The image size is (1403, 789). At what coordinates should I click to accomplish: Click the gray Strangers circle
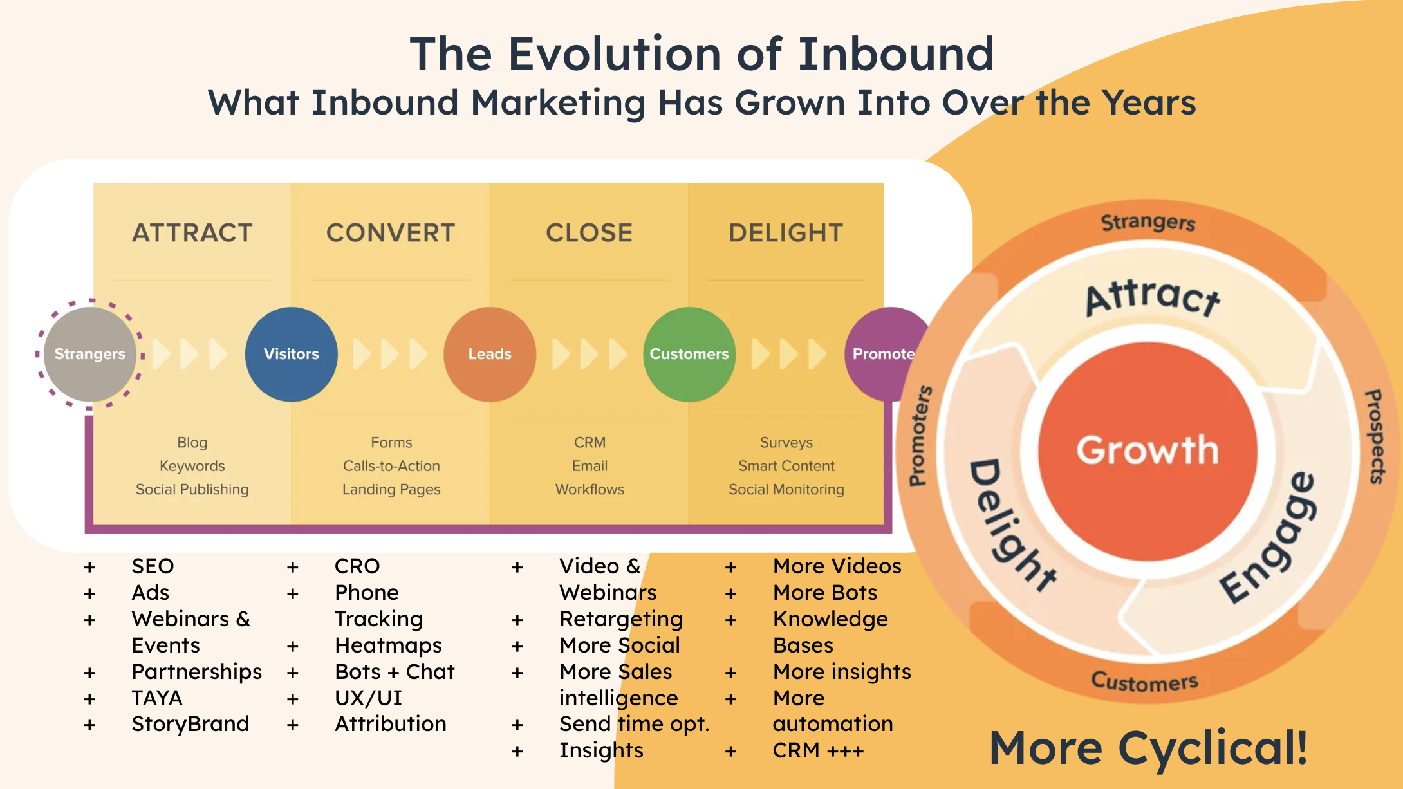[x=89, y=354]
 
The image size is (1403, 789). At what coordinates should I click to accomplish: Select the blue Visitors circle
[x=291, y=354]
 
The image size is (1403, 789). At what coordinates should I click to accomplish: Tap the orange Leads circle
[x=489, y=354]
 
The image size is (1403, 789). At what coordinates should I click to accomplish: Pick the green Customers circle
[x=689, y=354]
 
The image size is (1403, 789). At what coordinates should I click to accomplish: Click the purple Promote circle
[x=884, y=354]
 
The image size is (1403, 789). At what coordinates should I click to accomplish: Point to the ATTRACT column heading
[x=192, y=233]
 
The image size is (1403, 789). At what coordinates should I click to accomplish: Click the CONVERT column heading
[x=391, y=233]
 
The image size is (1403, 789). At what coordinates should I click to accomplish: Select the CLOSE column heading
[x=589, y=233]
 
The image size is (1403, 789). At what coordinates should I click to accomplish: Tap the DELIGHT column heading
[x=786, y=233]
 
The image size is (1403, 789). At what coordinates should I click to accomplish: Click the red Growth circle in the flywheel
[x=1147, y=450]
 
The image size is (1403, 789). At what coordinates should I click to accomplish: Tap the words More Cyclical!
[x=1148, y=748]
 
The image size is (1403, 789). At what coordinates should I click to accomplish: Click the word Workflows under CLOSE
[x=590, y=490]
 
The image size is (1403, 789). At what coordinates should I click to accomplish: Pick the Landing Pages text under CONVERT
[x=391, y=490]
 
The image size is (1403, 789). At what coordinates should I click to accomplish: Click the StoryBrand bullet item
[x=190, y=724]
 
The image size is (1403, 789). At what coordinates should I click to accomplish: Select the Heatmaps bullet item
[x=388, y=645]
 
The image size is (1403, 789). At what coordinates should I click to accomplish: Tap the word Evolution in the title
[x=614, y=54]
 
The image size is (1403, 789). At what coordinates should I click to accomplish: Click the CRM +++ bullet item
[x=818, y=750]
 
